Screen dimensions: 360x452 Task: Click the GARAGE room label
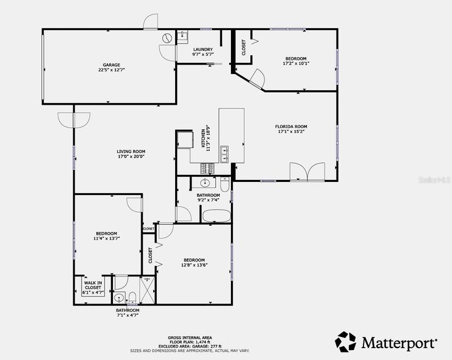pos(112,65)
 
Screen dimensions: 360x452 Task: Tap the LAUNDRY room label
pos(203,50)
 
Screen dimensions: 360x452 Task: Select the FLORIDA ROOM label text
pos(291,126)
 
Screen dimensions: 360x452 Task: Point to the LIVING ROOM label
pos(131,151)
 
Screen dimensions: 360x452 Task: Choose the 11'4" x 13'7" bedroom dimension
pos(106,238)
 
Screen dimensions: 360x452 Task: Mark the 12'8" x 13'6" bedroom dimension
pos(194,265)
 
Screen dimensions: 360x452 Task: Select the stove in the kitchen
pos(207,168)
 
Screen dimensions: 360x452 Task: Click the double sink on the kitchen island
pos(224,150)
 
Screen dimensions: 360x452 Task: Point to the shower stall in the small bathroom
pos(146,291)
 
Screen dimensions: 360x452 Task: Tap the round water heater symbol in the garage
pos(166,38)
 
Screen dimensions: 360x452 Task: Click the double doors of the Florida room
pos(308,171)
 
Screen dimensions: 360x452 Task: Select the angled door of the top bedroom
pos(257,78)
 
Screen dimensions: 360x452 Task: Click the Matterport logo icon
pos(346,342)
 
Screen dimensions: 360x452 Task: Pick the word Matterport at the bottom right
pos(399,342)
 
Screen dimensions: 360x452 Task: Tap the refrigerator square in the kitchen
pos(185,138)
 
